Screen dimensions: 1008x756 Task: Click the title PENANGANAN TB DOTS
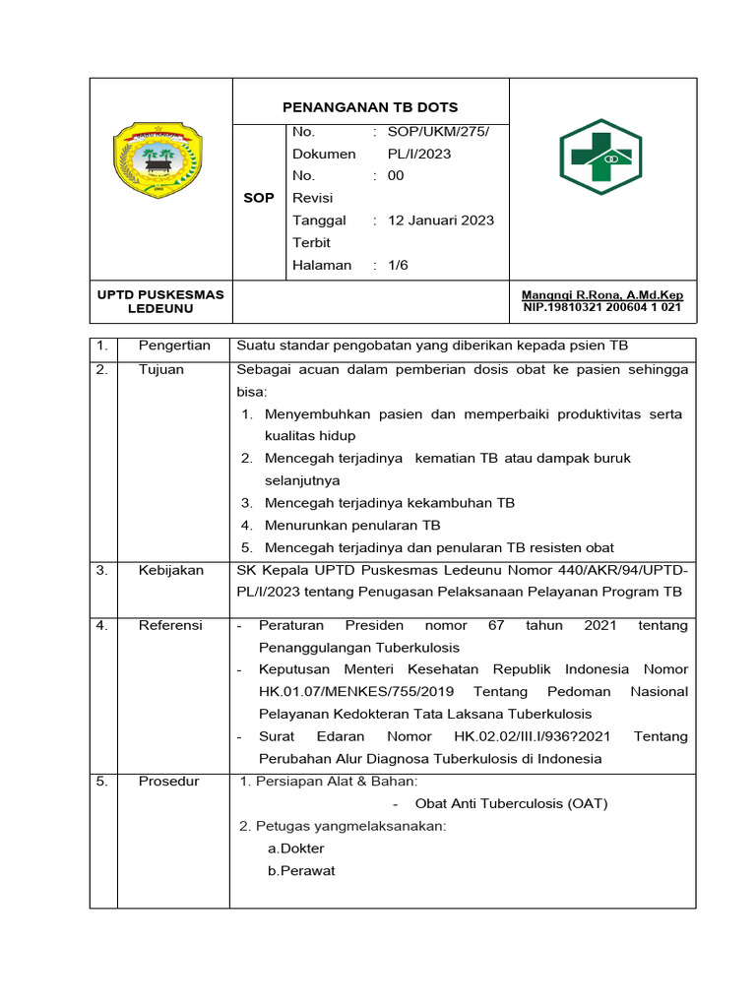click(x=370, y=107)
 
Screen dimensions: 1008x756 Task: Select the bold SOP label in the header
click(x=259, y=198)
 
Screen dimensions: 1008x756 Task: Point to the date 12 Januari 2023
click(x=441, y=220)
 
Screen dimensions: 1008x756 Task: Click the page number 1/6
click(x=399, y=265)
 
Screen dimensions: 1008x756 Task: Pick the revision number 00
click(x=396, y=175)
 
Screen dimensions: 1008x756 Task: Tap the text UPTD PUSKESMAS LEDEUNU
click(x=160, y=301)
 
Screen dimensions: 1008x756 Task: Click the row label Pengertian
click(x=174, y=346)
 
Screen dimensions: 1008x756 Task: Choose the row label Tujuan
click(x=161, y=369)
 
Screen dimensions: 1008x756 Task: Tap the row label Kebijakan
click(x=171, y=570)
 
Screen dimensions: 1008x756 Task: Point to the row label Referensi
click(x=170, y=625)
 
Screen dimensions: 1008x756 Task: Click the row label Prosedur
click(x=168, y=782)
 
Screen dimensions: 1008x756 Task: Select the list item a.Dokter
click(x=295, y=848)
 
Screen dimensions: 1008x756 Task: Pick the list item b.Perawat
click(x=301, y=870)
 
